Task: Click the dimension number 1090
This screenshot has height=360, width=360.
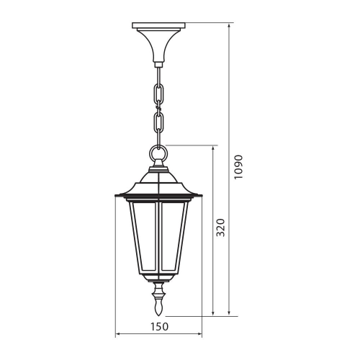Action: click(x=240, y=167)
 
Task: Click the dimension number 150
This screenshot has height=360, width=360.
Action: click(x=159, y=326)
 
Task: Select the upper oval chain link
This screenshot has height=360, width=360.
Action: click(x=159, y=92)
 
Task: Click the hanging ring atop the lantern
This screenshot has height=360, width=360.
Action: click(x=159, y=153)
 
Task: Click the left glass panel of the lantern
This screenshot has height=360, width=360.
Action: click(x=143, y=237)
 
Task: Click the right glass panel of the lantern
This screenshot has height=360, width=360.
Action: click(x=175, y=237)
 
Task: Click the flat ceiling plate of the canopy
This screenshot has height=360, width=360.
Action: click(x=159, y=27)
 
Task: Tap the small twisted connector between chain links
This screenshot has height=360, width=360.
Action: click(x=159, y=109)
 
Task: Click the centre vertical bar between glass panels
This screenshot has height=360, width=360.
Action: click(x=159, y=237)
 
